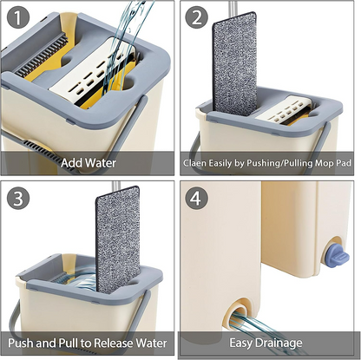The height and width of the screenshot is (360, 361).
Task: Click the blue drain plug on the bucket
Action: click(x=333, y=254)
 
